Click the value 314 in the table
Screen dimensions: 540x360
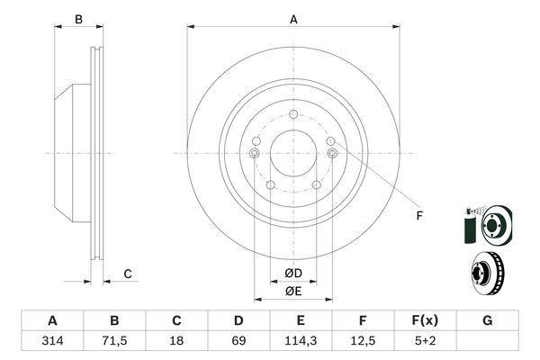(x=52, y=341)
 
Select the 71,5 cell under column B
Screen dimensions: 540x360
(x=114, y=341)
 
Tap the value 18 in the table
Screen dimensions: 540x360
(x=176, y=341)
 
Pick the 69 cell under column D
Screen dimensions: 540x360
(x=238, y=341)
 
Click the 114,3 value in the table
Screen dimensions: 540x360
(x=301, y=341)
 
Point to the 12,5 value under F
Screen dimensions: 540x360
(x=363, y=341)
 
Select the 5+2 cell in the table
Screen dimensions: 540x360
(x=425, y=341)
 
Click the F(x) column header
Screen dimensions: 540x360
(x=425, y=320)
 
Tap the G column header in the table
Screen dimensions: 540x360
(x=487, y=320)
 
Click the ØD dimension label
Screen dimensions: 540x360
(x=293, y=274)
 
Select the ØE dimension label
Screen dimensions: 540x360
(x=293, y=292)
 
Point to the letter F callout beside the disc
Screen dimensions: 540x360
(x=419, y=216)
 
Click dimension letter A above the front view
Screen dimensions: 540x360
(x=293, y=19)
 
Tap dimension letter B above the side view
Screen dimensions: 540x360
(x=78, y=19)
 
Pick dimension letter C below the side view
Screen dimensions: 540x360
(x=128, y=274)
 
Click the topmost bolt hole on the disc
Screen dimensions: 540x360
(x=293, y=114)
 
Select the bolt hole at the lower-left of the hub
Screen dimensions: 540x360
(x=271, y=185)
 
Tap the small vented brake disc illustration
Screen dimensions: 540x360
(x=488, y=274)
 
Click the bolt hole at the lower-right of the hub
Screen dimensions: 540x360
(x=317, y=185)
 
